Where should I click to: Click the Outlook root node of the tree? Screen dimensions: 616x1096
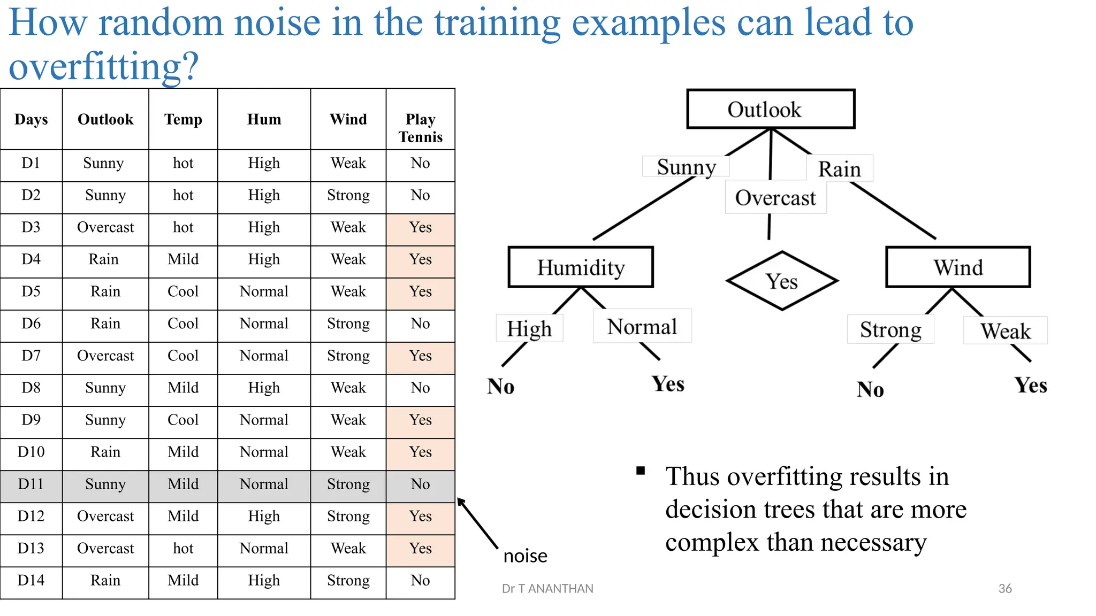[x=771, y=109]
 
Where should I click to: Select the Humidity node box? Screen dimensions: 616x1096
[x=581, y=267]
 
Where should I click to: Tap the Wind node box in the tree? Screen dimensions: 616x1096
[x=958, y=267]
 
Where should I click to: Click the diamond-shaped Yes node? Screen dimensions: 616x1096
[x=782, y=281]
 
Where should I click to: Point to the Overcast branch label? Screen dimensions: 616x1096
[x=775, y=198]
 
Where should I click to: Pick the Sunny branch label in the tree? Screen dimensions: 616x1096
[x=686, y=167]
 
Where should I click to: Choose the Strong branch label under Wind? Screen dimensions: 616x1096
[x=890, y=329]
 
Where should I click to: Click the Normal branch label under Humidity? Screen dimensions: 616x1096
[x=642, y=326]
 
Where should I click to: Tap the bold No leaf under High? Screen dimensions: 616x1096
[x=501, y=386]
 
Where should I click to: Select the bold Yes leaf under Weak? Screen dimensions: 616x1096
[x=1031, y=385]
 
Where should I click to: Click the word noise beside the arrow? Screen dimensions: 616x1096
[x=526, y=556]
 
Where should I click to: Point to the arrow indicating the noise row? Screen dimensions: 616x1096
[x=477, y=523]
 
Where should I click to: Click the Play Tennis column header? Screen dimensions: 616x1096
[x=421, y=128]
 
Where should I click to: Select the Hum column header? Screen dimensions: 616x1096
[x=264, y=119]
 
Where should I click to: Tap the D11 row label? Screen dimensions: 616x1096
[x=31, y=484]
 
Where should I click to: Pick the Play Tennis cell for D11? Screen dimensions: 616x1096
[x=421, y=484]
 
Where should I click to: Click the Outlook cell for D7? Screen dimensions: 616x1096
[x=105, y=356]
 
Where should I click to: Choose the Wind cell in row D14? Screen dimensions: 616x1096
[x=348, y=580]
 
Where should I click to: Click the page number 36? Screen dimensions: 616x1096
[x=1005, y=588]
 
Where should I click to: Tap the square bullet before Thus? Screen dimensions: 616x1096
[x=641, y=471]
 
